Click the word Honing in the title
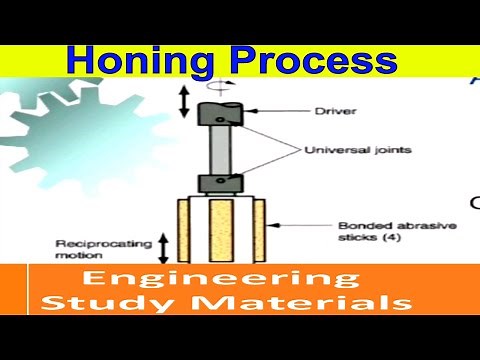131,60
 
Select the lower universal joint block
219,181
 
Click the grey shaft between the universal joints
220,148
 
